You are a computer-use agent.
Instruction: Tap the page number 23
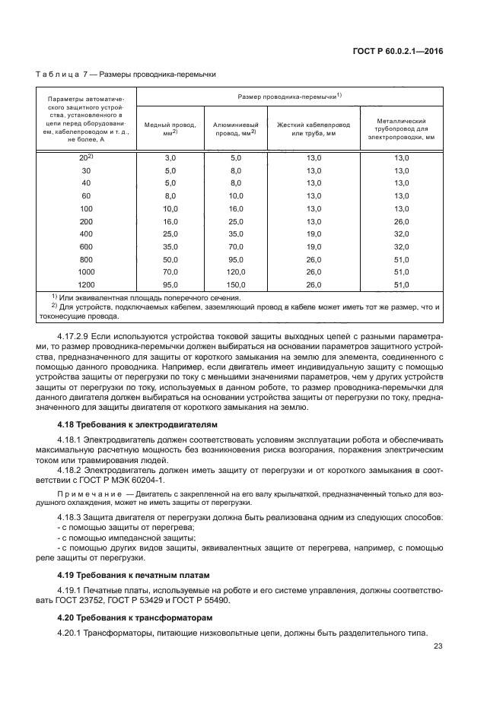[x=438, y=647]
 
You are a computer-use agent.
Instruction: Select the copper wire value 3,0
[x=170, y=157]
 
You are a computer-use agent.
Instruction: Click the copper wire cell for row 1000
[x=170, y=271]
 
